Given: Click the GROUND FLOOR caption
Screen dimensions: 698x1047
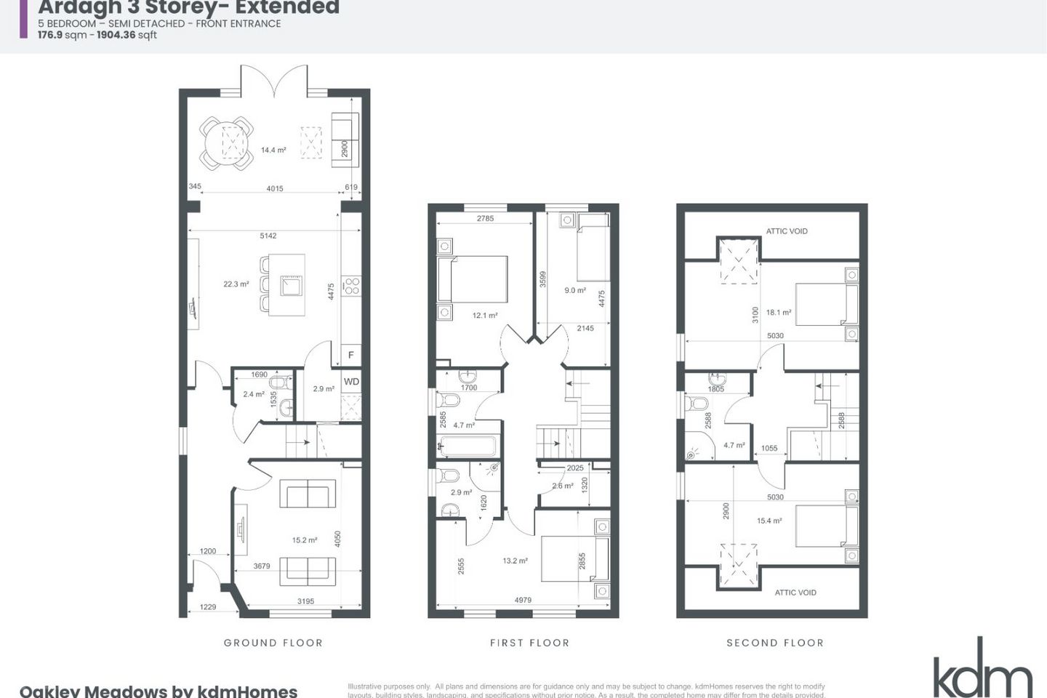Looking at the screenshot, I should pos(273,643).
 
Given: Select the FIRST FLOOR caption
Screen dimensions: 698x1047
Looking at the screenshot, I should pos(529,643).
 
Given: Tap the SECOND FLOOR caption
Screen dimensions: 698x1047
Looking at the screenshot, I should pos(775,643).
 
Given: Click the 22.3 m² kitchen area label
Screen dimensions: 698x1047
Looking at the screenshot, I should pos(236,284).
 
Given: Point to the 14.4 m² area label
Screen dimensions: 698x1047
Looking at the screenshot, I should pos(273,151).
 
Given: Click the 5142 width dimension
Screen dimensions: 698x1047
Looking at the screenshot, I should pos(268,236).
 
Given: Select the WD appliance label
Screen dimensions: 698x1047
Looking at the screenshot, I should pos(351,382).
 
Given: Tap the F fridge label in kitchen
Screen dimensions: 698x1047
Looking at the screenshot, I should pos(351,356).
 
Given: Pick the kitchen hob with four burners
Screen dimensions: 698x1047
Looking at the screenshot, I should pos(351,286).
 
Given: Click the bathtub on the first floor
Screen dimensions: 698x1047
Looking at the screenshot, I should pos(467,445).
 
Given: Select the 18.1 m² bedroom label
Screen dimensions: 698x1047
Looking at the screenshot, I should pos(779,313).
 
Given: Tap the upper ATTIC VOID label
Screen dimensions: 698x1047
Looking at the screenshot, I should pos(787,231).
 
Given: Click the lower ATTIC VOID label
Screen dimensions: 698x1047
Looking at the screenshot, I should pos(795,593).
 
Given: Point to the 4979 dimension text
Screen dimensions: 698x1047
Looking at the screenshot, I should pos(523,600).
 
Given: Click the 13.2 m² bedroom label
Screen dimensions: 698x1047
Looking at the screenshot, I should pos(515,561).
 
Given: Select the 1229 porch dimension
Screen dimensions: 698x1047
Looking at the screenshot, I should pos(208,607).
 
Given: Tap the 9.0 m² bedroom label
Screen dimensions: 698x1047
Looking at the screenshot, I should pos(575,290).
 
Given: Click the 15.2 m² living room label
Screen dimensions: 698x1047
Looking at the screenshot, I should pos(305,540).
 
